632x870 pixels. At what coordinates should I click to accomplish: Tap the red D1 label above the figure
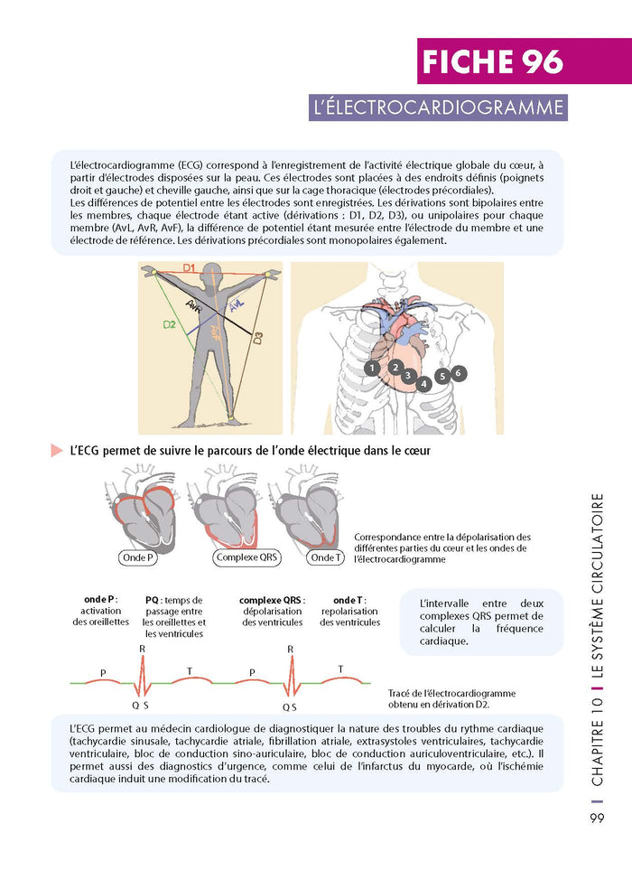pos(189,268)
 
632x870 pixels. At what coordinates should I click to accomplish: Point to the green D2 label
pos(169,324)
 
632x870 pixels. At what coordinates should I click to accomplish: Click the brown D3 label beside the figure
pos(257,340)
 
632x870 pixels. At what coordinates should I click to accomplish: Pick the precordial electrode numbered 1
pos(372,369)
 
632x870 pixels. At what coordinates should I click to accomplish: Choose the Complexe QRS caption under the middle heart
pos(247,557)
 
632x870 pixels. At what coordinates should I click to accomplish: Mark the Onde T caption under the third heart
pos(327,557)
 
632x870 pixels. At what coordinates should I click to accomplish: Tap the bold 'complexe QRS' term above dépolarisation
pos(271,600)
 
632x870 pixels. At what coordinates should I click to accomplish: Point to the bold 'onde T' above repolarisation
pos(349,600)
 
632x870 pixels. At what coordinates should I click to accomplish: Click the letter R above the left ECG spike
pos(141,649)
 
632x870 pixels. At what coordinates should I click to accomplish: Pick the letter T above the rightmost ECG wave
pos(340,669)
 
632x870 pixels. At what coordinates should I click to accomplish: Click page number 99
pos(598,819)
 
